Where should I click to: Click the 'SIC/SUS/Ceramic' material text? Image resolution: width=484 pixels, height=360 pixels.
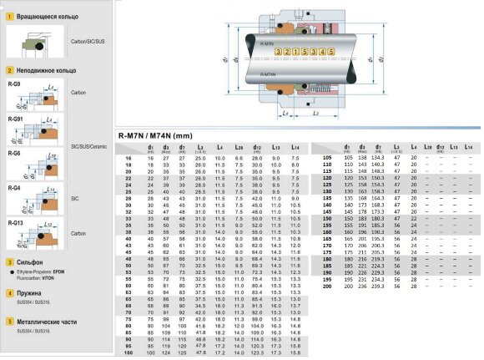pyautogui.click(x=88, y=145)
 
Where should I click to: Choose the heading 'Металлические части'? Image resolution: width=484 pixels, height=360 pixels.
pyautogui.click(x=43, y=321)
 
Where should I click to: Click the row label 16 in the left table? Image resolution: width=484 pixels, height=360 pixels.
pyautogui.click(x=128, y=158)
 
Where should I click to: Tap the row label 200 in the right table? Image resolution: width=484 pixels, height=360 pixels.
pyautogui.click(x=325, y=285)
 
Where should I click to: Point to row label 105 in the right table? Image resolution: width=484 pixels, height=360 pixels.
pyautogui.click(x=325, y=158)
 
